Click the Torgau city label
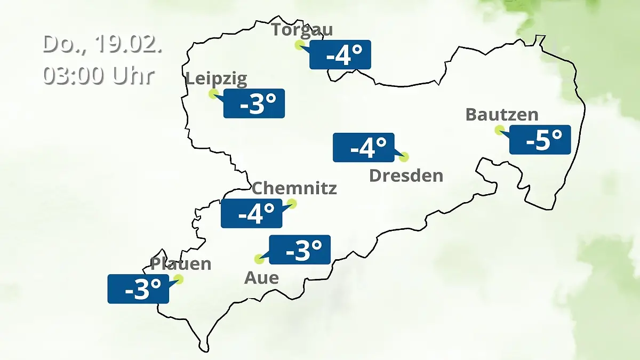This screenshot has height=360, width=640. click(x=302, y=29)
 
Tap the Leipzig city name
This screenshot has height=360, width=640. click(x=217, y=79)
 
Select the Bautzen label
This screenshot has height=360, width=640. click(x=502, y=114)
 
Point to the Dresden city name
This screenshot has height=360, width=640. click(x=406, y=175)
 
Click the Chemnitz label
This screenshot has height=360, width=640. click(x=294, y=188)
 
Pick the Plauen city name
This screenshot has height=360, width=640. click(x=181, y=263)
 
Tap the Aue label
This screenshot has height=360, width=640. click(x=261, y=277)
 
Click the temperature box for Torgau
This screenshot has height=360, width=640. click(x=340, y=55)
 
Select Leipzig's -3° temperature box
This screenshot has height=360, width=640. click(x=254, y=103)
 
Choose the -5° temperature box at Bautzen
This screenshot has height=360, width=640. click(x=540, y=140)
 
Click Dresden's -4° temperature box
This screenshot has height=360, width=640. click(x=364, y=147)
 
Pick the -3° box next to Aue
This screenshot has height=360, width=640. click(x=300, y=250)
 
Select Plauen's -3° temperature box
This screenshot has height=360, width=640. click(x=138, y=289)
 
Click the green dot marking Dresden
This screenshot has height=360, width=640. click(x=404, y=157)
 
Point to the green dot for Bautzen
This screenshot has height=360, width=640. click(x=499, y=130)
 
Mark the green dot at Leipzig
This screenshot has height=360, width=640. click(x=213, y=94)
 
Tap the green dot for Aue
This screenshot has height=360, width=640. click(x=259, y=259)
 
